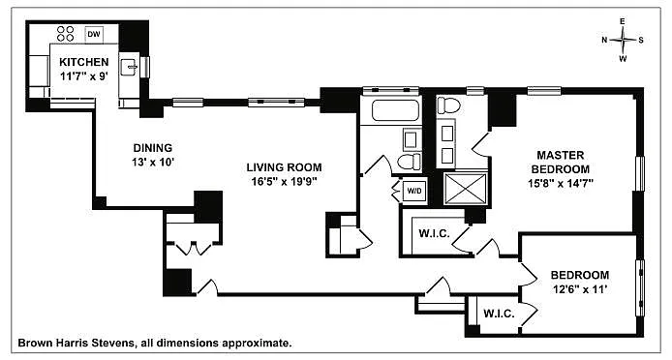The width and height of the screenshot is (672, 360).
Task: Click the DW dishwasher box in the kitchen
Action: (x=93, y=34)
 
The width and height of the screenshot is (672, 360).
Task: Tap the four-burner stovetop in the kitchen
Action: (x=66, y=34)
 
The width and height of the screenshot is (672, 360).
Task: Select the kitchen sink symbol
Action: (x=129, y=68)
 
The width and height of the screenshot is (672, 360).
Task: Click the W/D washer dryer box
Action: (x=413, y=192)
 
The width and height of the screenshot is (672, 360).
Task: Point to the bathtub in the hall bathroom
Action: (x=395, y=110)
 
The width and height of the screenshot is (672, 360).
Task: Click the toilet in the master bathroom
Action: (x=449, y=105)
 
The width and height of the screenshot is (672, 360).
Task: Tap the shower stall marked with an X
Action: (x=466, y=189)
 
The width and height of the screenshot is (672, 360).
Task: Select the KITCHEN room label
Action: (x=84, y=62)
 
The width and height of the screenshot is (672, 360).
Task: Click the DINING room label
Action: (x=153, y=148)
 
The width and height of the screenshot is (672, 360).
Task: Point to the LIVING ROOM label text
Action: (x=284, y=167)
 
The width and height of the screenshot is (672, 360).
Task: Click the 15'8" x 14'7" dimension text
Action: (x=560, y=183)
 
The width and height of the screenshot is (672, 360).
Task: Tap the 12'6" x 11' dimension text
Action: (x=579, y=289)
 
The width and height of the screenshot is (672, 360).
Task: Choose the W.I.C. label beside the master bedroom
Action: (x=434, y=233)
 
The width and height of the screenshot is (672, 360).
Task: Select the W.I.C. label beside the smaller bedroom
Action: (x=499, y=314)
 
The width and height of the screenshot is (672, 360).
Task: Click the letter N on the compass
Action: (x=605, y=40)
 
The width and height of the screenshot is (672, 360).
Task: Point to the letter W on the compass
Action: (x=623, y=59)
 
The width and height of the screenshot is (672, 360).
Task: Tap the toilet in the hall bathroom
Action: (x=409, y=162)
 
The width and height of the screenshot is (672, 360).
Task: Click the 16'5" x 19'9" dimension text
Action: (x=284, y=182)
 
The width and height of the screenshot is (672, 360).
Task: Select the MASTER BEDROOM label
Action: (x=560, y=162)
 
